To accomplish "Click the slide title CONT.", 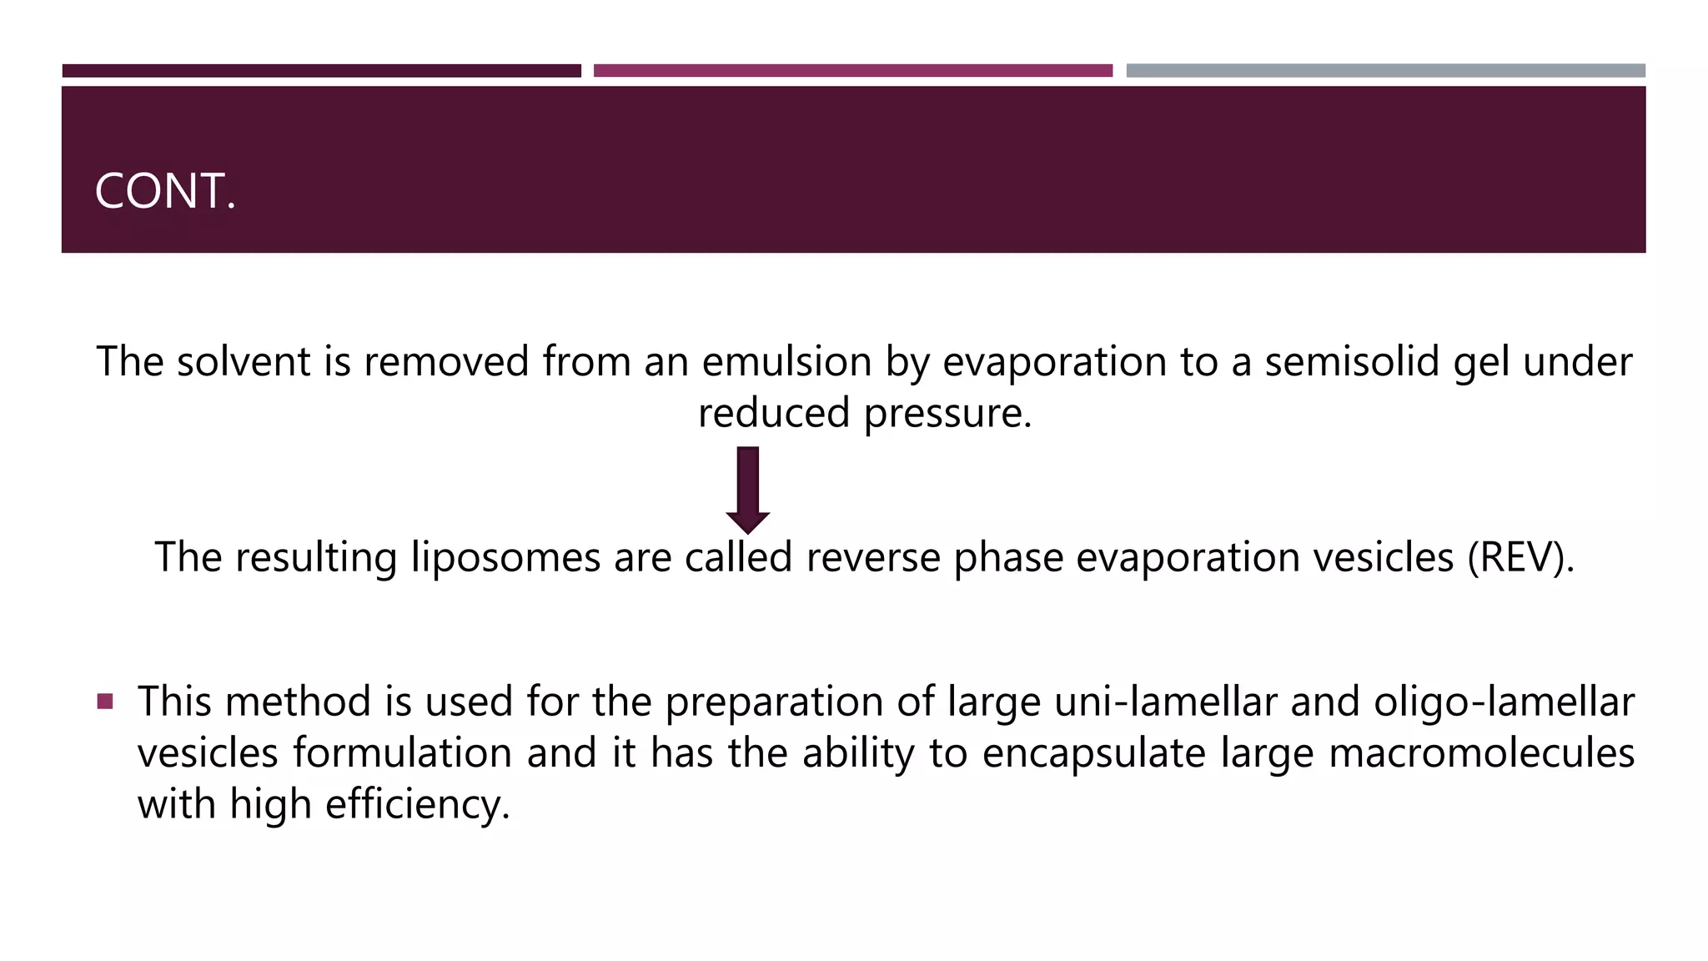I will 165,191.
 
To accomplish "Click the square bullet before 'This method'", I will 105,701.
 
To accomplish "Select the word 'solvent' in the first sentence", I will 244,362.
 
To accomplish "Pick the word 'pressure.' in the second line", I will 947,414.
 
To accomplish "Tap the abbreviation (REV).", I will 1520,557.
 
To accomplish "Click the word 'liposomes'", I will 505,557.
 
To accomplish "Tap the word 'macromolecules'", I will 1481,753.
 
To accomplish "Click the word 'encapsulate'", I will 1093,753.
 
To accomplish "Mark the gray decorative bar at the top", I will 1385,71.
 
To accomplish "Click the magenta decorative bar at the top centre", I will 852,71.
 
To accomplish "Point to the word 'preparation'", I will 774,702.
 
